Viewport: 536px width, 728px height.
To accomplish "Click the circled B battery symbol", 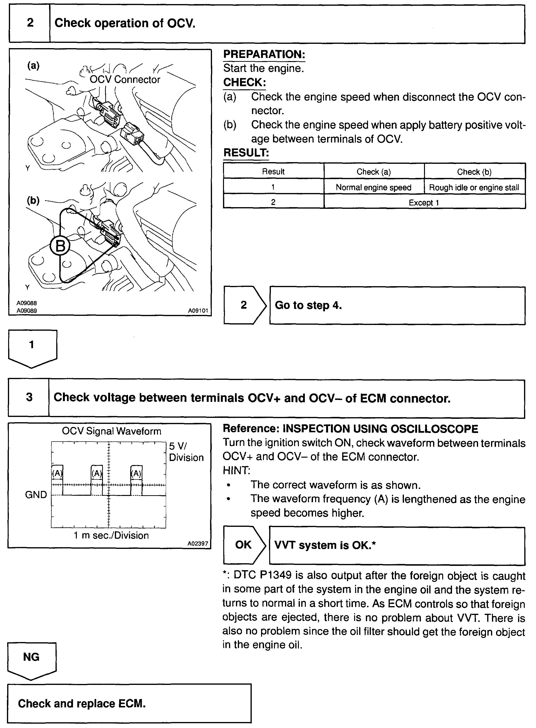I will (60, 246).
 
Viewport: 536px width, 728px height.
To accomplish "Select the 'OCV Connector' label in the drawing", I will (125, 80).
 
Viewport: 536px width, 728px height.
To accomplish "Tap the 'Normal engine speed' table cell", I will (374, 187).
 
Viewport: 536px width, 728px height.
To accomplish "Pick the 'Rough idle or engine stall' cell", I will (474, 187).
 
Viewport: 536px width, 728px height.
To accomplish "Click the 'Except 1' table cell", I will (424, 203).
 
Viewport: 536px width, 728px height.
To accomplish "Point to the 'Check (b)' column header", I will (474, 172).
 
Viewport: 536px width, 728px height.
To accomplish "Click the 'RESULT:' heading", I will (246, 153).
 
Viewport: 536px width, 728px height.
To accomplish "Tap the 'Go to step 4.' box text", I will (308, 305).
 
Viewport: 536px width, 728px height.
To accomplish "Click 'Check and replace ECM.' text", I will (82, 703).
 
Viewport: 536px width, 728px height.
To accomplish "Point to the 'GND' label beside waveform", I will (36, 495).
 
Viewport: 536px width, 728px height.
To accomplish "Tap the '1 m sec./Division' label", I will (111, 535).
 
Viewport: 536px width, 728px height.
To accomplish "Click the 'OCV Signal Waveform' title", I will (111, 431).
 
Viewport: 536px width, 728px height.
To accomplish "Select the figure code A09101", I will (198, 310).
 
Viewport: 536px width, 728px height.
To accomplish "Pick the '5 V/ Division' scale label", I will (186, 452).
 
